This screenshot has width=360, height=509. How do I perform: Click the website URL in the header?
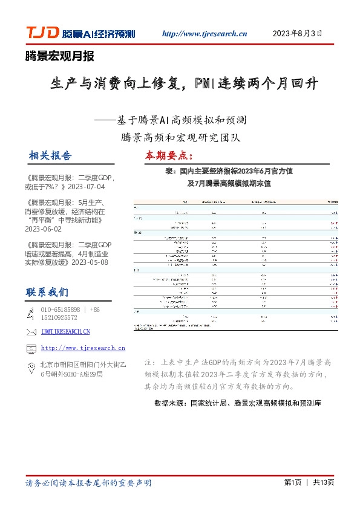(x=205, y=34)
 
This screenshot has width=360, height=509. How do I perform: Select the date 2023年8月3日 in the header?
(x=298, y=33)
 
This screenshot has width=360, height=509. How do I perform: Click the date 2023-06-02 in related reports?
(x=44, y=230)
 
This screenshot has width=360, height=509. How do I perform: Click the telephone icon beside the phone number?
(x=31, y=313)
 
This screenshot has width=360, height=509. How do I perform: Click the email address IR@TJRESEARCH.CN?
(x=65, y=332)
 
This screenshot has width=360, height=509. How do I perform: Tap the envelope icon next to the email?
(x=31, y=331)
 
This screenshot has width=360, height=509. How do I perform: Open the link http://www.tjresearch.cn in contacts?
(x=83, y=348)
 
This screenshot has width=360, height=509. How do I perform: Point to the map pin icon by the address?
(x=31, y=366)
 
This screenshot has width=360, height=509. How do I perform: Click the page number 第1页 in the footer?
(x=292, y=482)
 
